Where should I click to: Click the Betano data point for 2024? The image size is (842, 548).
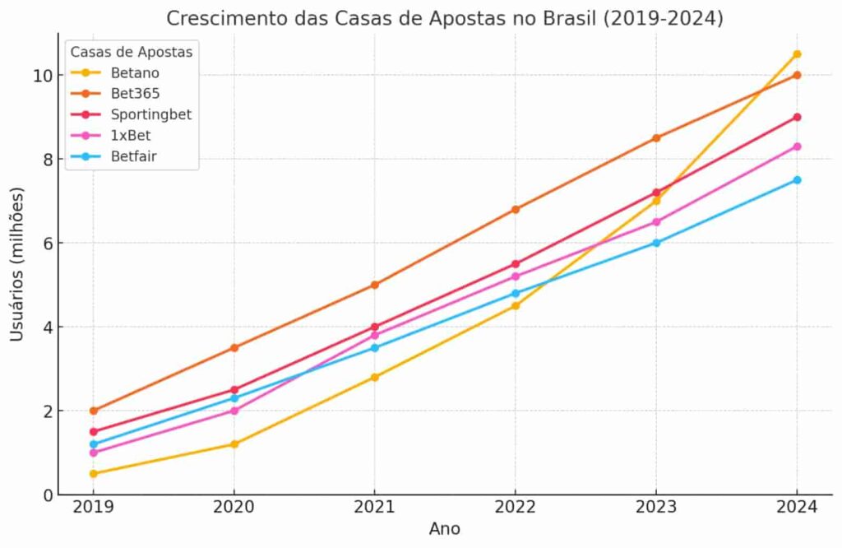(796, 54)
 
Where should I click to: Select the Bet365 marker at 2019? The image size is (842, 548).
(94, 411)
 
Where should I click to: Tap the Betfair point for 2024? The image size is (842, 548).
(796, 180)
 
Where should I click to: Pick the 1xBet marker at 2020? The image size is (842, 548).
(234, 411)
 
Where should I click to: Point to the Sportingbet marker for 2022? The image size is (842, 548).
(516, 264)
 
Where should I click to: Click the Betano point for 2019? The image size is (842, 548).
(94, 474)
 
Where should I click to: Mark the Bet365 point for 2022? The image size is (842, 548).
(516, 209)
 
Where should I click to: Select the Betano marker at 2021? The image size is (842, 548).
(375, 377)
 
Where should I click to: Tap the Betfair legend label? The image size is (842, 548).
(133, 156)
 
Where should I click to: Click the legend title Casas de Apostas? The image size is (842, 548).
(132, 53)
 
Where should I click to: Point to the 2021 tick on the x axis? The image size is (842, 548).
(375, 508)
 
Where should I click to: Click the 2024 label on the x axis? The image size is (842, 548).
(796, 508)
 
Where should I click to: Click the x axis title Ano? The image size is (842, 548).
(445, 529)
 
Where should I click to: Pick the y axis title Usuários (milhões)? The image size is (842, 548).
(17, 264)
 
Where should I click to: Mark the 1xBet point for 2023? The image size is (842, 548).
(656, 222)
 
